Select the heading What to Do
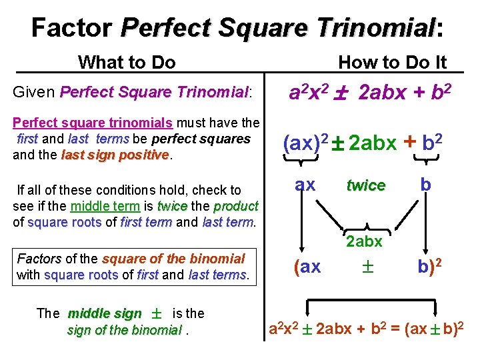127,63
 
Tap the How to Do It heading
392,63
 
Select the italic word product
236,205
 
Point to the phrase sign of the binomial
124,329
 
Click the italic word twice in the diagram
365,186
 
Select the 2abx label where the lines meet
363,241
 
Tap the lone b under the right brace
425,185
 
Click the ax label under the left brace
305,185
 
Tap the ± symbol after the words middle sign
157,314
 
